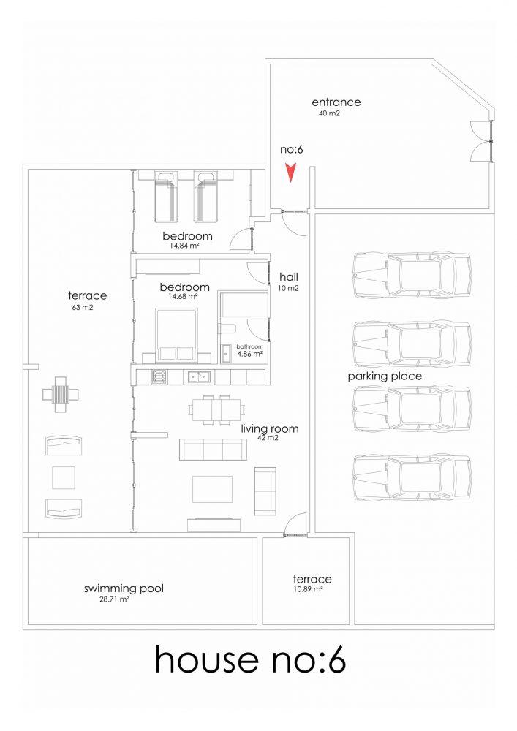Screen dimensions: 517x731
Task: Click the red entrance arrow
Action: click(291, 173)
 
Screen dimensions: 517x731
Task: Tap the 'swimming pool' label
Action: click(124, 588)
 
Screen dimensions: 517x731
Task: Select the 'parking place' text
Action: click(385, 376)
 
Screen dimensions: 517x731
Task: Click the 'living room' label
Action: click(270, 429)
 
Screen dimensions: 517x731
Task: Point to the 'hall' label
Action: click(289, 277)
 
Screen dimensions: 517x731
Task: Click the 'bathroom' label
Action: click(250, 346)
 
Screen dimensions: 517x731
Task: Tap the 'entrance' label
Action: click(336, 102)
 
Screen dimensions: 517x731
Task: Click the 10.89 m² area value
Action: click(308, 589)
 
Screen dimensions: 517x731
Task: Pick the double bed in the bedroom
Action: click(176, 335)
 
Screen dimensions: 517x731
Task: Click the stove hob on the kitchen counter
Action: click(159, 376)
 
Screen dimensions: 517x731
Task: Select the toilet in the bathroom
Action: click(227, 329)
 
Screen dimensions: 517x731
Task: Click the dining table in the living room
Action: click(216, 410)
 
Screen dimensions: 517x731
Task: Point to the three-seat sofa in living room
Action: click(213, 449)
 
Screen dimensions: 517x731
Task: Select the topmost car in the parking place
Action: click(412, 275)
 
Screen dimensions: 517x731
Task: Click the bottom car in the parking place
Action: click(412, 478)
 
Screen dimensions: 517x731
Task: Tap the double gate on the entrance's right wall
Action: click(483, 140)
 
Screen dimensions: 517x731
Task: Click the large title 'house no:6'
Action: click(250, 660)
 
